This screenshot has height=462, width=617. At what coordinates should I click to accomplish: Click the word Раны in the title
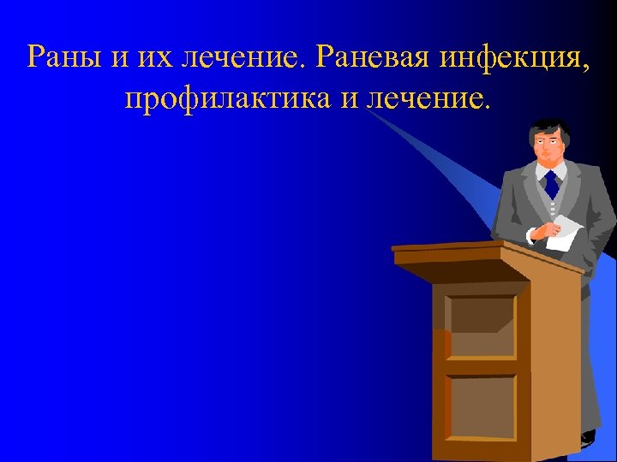[63, 57]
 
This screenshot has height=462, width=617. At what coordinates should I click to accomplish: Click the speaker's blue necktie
[551, 183]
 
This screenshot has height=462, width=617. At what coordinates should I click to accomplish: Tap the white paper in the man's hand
[563, 231]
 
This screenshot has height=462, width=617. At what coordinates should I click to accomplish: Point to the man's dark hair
[548, 128]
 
